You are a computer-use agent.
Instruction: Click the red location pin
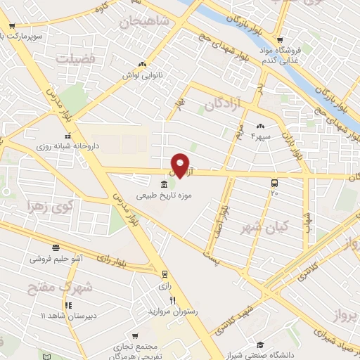pos(180,165)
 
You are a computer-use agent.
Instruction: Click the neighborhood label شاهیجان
pos(146,24)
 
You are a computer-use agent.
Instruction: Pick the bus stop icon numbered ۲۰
pos(274,183)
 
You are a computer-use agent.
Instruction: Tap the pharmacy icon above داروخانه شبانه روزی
pos(69,136)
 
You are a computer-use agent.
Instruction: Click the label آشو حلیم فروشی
pos(58,258)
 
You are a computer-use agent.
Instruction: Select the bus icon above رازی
pos(164,274)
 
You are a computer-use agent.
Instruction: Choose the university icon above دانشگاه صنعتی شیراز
pos(261,344)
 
